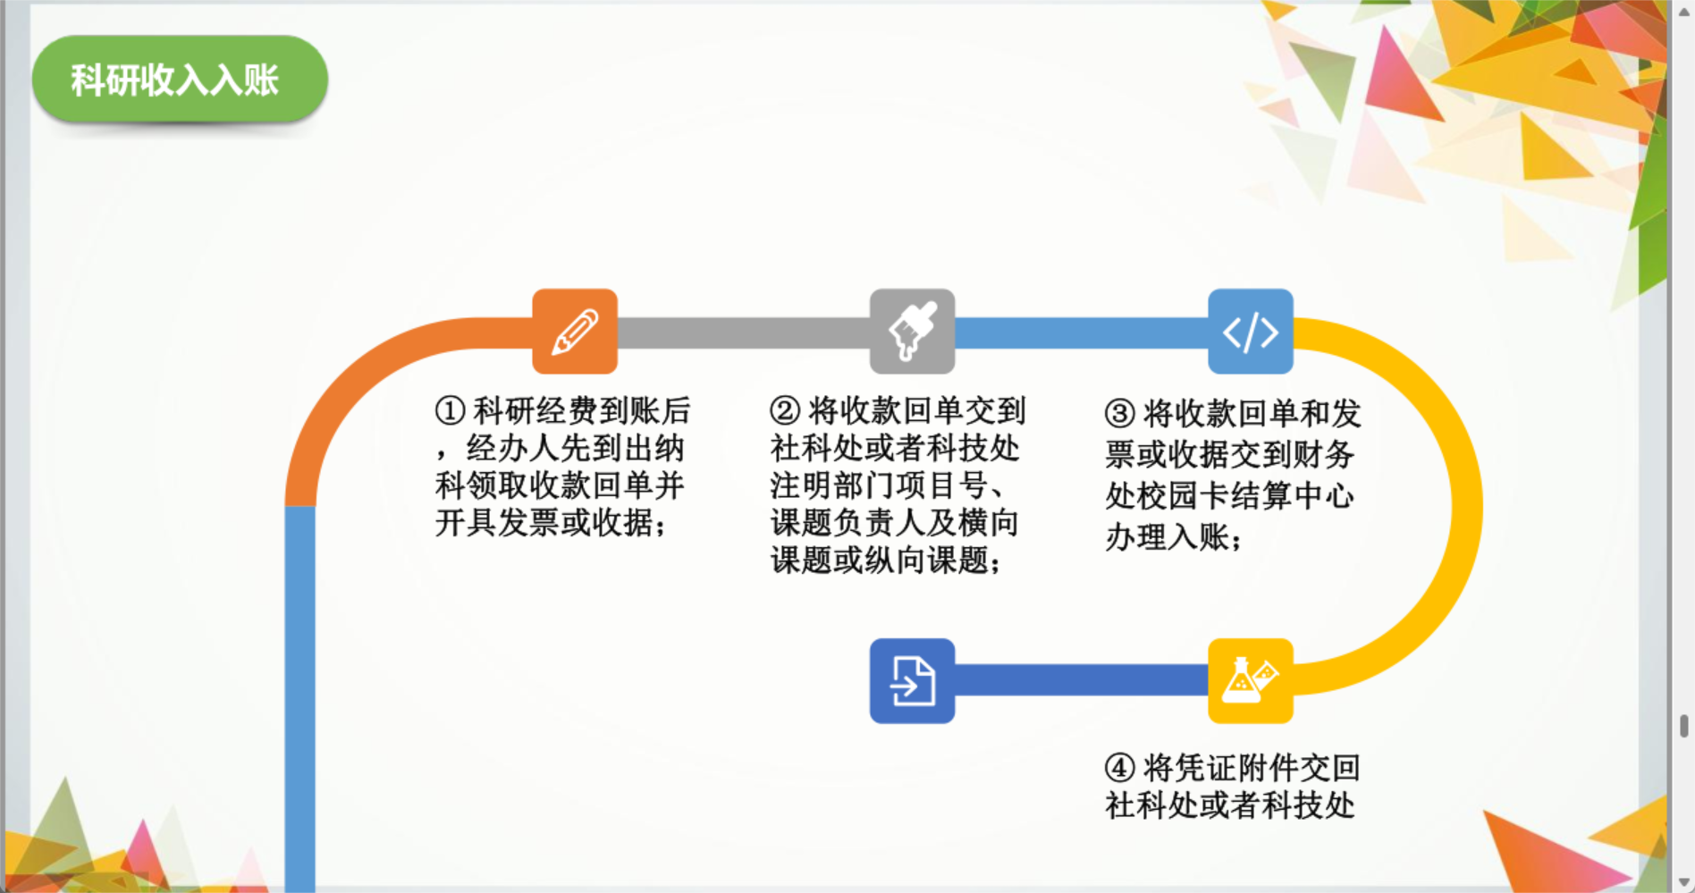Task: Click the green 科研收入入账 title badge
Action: (x=180, y=80)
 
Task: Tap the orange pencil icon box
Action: (x=575, y=331)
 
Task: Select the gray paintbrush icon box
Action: (x=912, y=331)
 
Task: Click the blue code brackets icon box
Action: (x=1250, y=331)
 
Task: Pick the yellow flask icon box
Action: (x=1250, y=680)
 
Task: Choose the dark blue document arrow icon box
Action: (x=912, y=680)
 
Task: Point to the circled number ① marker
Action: (x=450, y=411)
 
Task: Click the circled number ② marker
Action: (x=785, y=411)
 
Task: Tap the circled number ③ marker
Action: (x=1119, y=414)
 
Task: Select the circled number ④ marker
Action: (x=1119, y=768)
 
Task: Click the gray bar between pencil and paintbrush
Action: (x=744, y=333)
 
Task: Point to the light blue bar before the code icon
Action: (x=1082, y=333)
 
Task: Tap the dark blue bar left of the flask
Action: (x=1082, y=680)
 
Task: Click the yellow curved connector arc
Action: (x=1467, y=507)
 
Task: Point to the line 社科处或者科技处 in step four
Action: (x=1230, y=805)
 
